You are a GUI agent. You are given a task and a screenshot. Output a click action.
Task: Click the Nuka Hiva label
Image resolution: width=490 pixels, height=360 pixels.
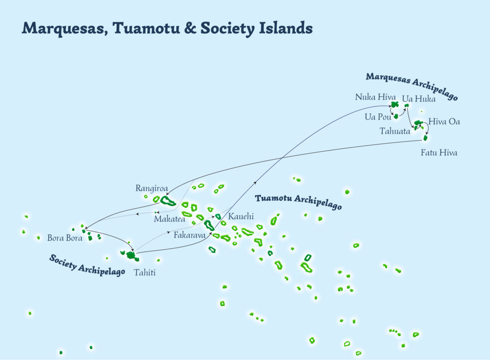pyautogui.click(x=375, y=97)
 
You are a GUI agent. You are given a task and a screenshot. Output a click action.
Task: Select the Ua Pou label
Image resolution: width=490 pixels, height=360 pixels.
pyautogui.click(x=378, y=117)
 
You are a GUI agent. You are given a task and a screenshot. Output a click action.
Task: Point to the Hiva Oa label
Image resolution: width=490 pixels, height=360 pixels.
pyautogui.click(x=444, y=121)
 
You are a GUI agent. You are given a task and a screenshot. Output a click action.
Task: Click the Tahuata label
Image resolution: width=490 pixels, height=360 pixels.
pyautogui.click(x=395, y=131)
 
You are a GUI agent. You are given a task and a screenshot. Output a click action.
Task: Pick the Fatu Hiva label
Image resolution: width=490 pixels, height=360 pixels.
pyautogui.click(x=439, y=153)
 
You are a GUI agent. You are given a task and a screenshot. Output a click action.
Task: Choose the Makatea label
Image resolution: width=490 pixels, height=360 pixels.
pyautogui.click(x=169, y=219)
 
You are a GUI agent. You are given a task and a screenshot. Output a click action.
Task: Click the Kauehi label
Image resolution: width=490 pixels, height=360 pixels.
pyautogui.click(x=241, y=217)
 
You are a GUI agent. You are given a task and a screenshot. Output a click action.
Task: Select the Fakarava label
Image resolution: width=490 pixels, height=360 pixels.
pyautogui.click(x=189, y=235)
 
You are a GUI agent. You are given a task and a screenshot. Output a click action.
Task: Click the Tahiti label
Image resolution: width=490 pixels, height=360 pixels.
pyautogui.click(x=145, y=273)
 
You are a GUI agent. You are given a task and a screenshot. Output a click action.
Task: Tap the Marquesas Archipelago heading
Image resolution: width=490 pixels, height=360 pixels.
pyautogui.click(x=412, y=86)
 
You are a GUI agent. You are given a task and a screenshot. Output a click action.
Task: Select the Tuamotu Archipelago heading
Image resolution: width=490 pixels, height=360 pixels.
pyautogui.click(x=298, y=202)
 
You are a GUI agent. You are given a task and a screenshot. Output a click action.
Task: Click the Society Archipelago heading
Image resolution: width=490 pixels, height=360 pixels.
pyautogui.click(x=87, y=265)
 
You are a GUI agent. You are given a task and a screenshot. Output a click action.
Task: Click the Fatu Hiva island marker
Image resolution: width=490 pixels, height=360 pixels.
pyautogui.click(x=425, y=138)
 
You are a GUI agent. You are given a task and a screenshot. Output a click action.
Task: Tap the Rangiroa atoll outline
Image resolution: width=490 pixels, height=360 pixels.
pyautogui.click(x=168, y=200)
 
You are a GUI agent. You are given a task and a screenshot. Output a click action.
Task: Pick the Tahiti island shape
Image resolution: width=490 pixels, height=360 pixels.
pyautogui.click(x=131, y=255)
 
